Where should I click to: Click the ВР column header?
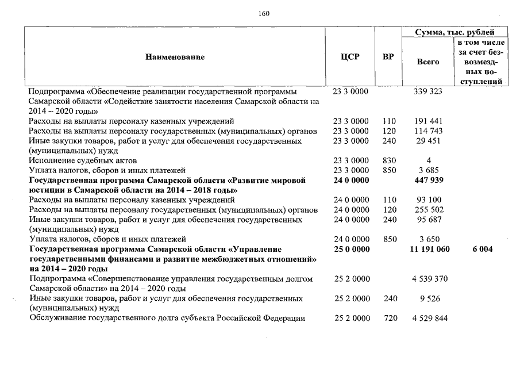pyautogui.click(x=388, y=57)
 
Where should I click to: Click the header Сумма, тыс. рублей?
pyautogui.click(x=454, y=33)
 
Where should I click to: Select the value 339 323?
pyautogui.click(x=428, y=91)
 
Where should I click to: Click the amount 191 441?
pyautogui.click(x=428, y=121)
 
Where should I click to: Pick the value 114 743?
pyautogui.click(x=428, y=131)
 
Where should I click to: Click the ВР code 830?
pyautogui.click(x=390, y=160)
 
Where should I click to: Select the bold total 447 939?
pyautogui.click(x=429, y=180)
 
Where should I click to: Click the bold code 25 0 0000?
pyautogui.click(x=350, y=249)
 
